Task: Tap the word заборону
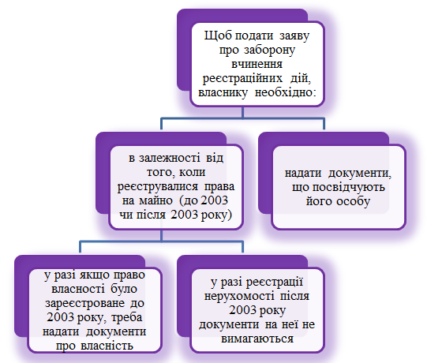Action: (x=269, y=50)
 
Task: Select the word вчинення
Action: (x=257, y=64)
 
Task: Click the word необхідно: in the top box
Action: (x=286, y=92)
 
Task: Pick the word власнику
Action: (x=223, y=93)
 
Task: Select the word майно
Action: (x=155, y=201)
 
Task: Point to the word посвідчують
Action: (x=349, y=188)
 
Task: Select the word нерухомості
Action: (x=239, y=296)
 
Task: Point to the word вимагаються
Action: (x=257, y=339)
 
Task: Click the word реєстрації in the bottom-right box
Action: (x=275, y=283)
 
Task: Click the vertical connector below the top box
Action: (x=242, y=113)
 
